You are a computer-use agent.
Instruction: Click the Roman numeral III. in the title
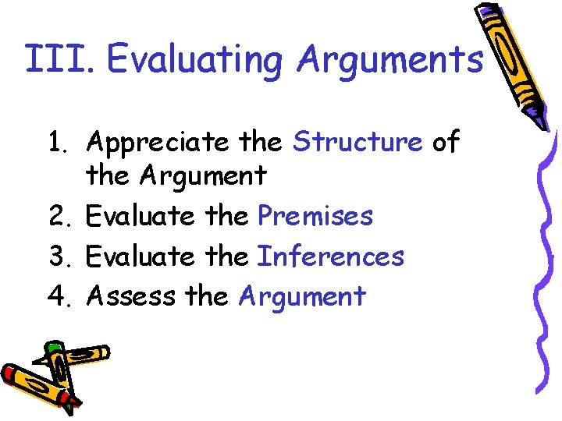59,59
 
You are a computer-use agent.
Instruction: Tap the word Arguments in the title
390,61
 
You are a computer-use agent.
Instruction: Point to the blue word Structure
357,142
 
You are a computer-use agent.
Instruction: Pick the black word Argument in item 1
203,175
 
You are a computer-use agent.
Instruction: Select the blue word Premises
315,215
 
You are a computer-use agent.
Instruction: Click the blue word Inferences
331,256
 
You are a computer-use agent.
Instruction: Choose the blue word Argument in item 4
302,296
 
